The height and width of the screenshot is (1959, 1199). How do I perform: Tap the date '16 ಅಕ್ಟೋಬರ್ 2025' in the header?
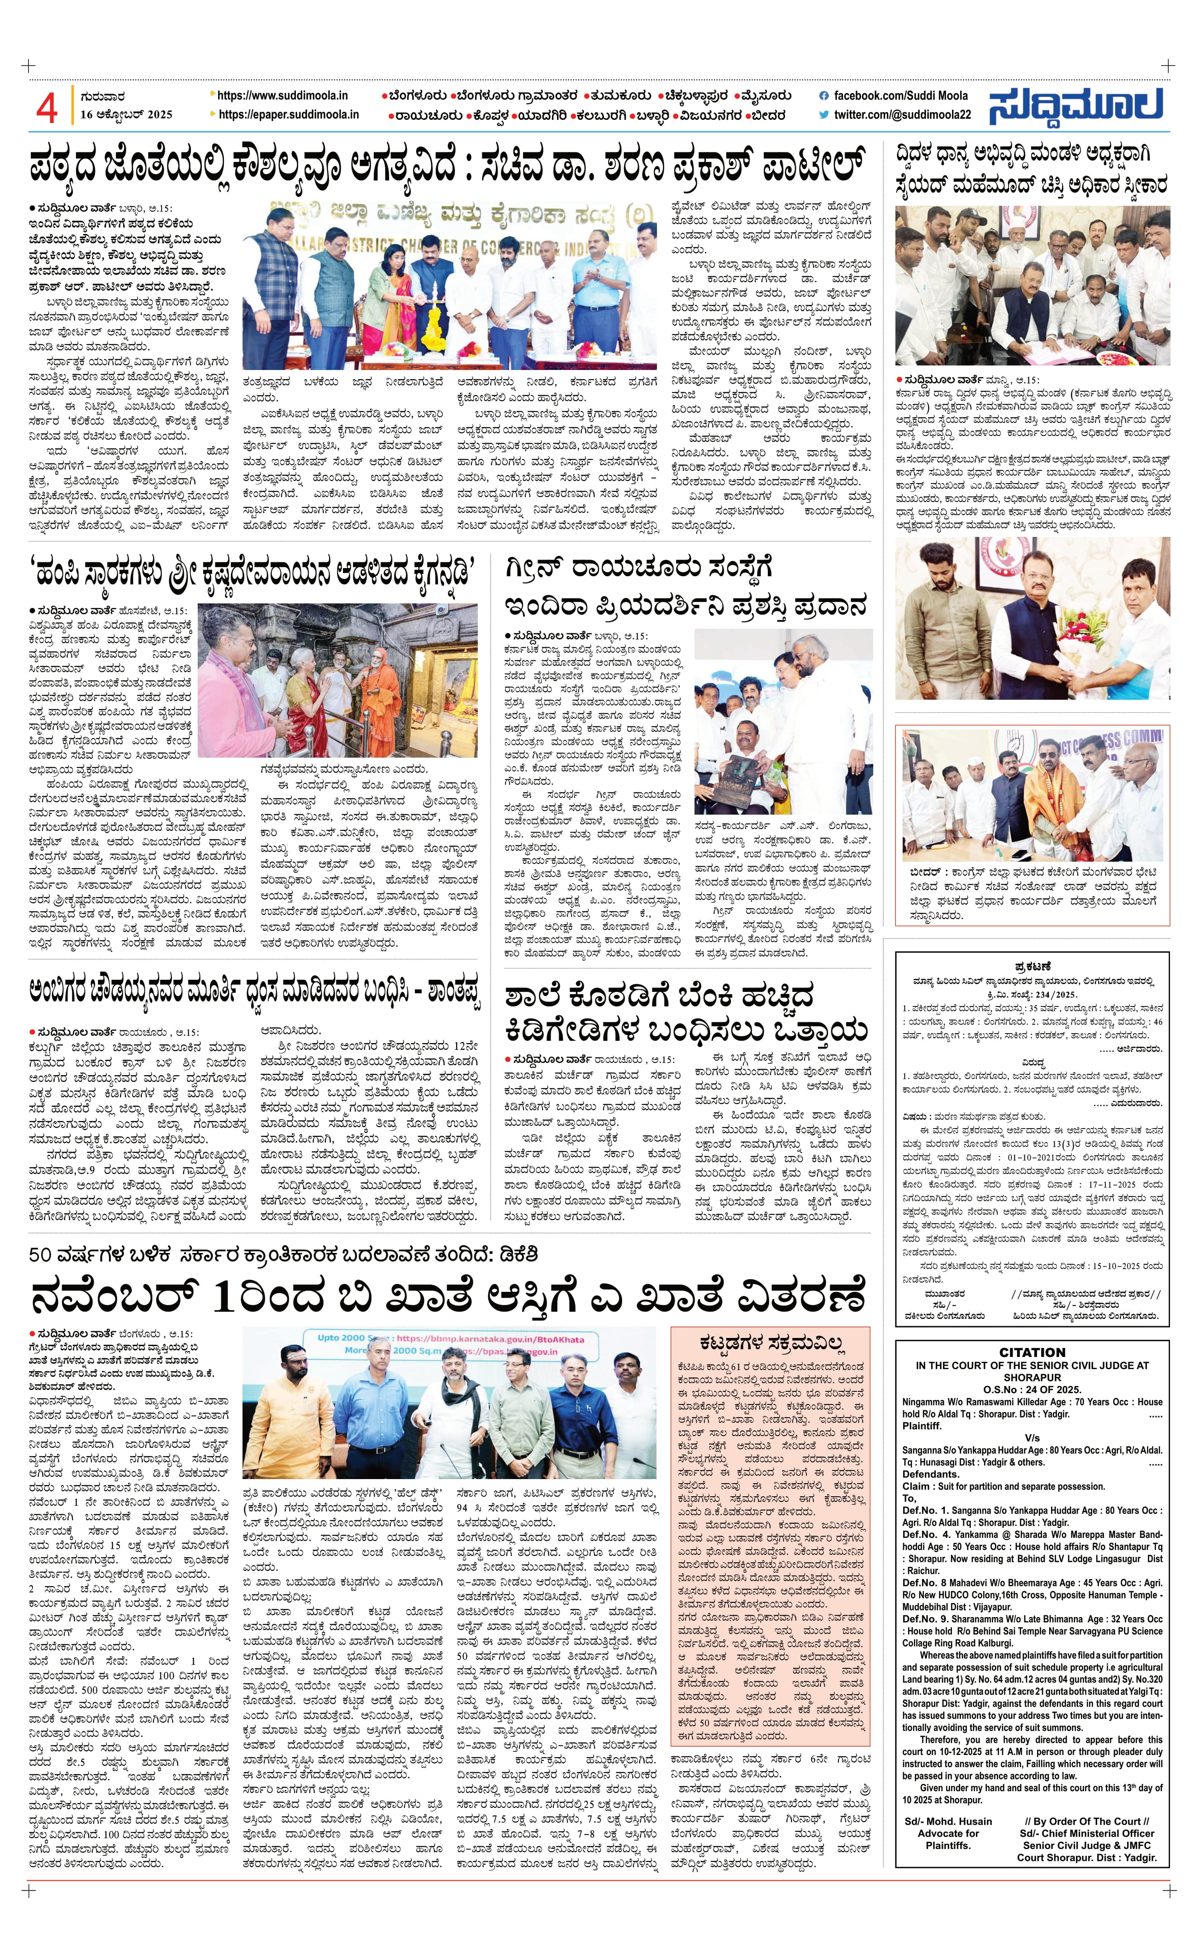coord(126,114)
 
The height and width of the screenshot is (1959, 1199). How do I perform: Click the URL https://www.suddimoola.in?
coord(281,95)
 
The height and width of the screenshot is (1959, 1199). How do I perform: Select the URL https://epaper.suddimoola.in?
coord(288,114)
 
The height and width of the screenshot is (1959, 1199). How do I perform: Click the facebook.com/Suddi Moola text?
coord(901,95)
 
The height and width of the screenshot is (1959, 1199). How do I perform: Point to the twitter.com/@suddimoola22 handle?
coord(903,114)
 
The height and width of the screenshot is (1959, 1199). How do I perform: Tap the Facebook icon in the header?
coord(824,95)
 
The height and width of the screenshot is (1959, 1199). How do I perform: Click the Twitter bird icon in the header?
coord(824,114)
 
